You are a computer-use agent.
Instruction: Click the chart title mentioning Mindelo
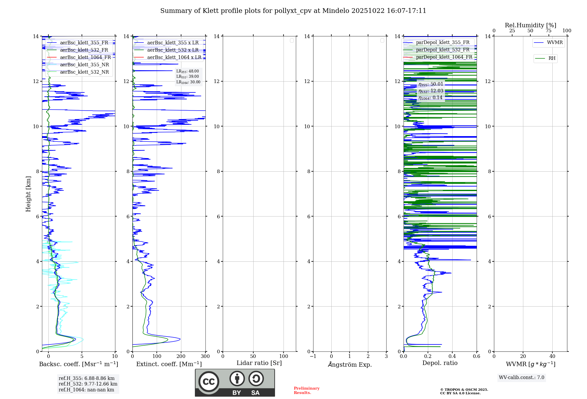[x=293, y=11]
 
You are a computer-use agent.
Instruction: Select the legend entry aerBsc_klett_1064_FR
[x=85, y=58]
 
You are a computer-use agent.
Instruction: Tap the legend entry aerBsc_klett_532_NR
[x=84, y=72]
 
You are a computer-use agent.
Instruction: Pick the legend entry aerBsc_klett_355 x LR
[x=173, y=43]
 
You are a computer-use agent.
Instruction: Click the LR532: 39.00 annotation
[x=188, y=77]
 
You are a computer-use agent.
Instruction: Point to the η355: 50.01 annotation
[x=431, y=84]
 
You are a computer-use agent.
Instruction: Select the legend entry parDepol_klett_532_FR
[x=443, y=50]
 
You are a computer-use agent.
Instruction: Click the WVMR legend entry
[x=554, y=43]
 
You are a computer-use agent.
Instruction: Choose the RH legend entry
[x=551, y=58]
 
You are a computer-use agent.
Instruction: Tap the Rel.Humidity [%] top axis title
[x=530, y=25]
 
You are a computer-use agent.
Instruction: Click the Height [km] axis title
[x=28, y=194]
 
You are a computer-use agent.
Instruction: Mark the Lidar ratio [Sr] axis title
[x=259, y=363]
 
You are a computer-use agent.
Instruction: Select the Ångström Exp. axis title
[x=350, y=365]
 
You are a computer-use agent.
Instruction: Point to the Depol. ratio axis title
[x=440, y=363]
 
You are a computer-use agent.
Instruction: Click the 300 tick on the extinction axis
[x=205, y=356]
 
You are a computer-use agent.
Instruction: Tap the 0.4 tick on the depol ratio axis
[x=452, y=356]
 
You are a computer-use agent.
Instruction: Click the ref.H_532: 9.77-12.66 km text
[x=88, y=384]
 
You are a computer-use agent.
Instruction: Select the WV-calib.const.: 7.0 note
[x=521, y=378]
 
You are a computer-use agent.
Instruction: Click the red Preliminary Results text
[x=306, y=390]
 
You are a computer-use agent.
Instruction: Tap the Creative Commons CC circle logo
[x=209, y=382]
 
